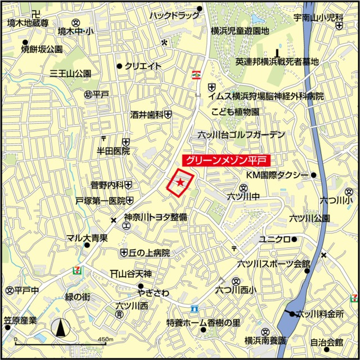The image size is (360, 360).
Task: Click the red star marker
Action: pyautogui.click(x=180, y=182)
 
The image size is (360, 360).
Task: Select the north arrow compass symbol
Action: pyautogui.click(x=61, y=327)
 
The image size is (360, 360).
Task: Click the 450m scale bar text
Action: pyautogui.click(x=105, y=340)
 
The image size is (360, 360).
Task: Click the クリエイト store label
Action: pyautogui.click(x=143, y=66)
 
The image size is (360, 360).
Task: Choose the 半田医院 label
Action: pyautogui.click(x=113, y=151)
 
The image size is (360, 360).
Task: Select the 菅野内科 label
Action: pyautogui.click(x=107, y=184)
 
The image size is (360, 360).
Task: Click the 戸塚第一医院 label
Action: pyautogui.click(x=101, y=200)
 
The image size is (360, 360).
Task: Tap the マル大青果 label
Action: pyautogui.click(x=87, y=238)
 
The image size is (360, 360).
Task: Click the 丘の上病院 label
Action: pyautogui.click(x=149, y=253)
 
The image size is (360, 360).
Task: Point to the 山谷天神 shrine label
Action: pyautogui.click(x=134, y=274)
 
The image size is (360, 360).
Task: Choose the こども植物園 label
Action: pyautogui.click(x=235, y=112)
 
